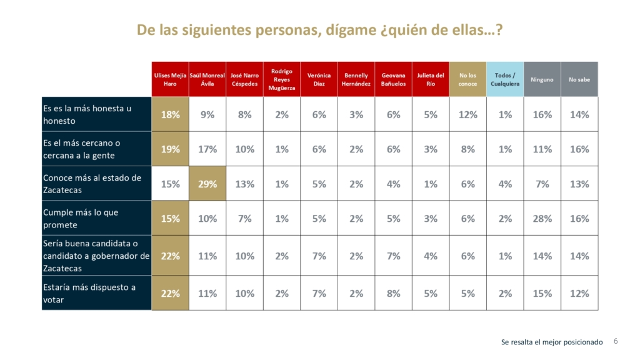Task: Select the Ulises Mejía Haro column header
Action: pos(170,79)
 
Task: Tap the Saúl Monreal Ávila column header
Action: pos(207,79)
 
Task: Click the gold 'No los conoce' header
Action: pos(467,79)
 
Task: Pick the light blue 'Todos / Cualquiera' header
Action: pos(505,79)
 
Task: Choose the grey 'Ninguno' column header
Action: pos(542,79)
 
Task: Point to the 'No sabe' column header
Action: pos(579,79)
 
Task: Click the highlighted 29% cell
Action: pos(207,184)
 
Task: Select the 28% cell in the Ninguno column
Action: pos(542,219)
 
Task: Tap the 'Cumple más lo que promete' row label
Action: pos(96,218)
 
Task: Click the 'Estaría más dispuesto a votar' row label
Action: pos(96,293)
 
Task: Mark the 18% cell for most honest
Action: pos(170,114)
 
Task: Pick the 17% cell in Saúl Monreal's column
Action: pos(207,149)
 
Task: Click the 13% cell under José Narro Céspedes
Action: pos(244,184)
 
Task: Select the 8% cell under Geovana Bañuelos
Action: pos(393,293)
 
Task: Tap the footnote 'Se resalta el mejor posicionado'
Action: pos(552,342)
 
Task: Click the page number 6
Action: pos(616,341)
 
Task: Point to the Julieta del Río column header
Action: pos(431,79)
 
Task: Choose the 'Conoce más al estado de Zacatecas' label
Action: pos(96,183)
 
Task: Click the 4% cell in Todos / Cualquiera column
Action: pos(505,184)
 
